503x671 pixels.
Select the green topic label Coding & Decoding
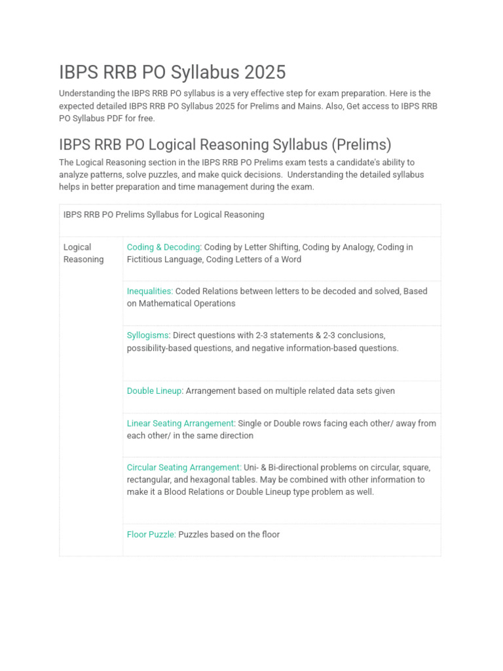163,247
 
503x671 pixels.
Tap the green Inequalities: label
150,291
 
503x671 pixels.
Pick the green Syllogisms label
148,335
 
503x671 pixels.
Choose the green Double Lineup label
155,391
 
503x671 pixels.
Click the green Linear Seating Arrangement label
180,423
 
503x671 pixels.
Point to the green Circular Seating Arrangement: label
184,467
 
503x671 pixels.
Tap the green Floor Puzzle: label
151,534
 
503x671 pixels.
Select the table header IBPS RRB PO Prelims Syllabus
164,214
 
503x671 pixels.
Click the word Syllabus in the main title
195,72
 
